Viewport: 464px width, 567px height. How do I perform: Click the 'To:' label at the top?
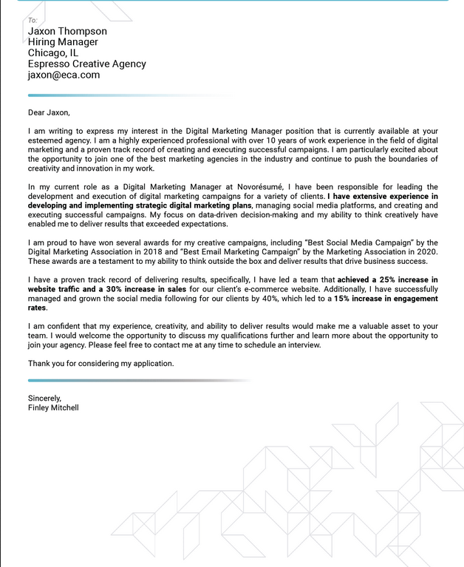click(x=33, y=20)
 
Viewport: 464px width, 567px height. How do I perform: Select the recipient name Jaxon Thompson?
click(x=67, y=31)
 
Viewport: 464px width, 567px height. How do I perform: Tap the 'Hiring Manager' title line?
click(x=63, y=42)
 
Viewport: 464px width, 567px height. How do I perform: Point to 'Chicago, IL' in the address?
click(x=53, y=53)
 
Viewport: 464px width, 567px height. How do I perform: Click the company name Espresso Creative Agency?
click(x=87, y=64)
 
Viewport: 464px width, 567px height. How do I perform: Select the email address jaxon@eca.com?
click(x=64, y=75)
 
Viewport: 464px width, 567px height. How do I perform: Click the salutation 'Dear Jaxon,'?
click(x=49, y=112)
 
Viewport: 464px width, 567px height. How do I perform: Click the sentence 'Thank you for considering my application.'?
click(x=101, y=364)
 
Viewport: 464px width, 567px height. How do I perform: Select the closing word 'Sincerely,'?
click(x=45, y=398)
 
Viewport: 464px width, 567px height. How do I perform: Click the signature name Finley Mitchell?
click(x=53, y=408)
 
